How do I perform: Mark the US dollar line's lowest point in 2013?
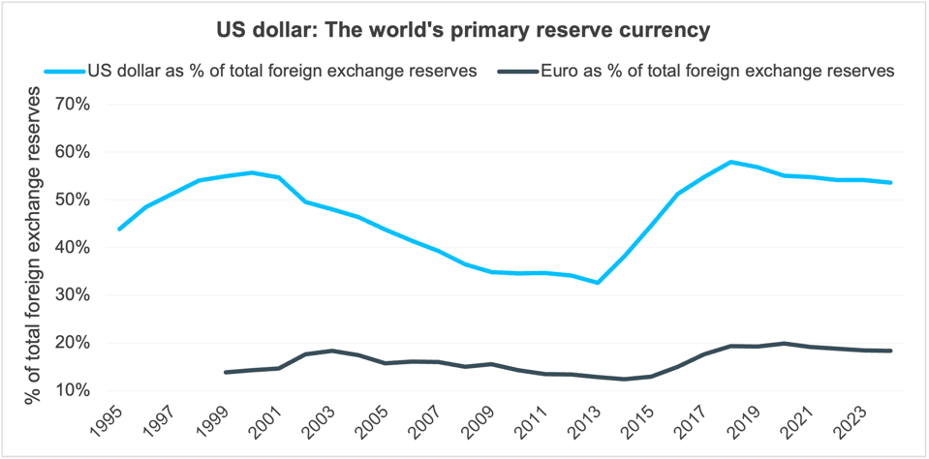[598, 283]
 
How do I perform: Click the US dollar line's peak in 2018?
[730, 162]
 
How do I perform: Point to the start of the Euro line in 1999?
[226, 372]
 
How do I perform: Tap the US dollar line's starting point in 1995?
[119, 229]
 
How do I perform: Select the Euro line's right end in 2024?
[890, 351]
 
